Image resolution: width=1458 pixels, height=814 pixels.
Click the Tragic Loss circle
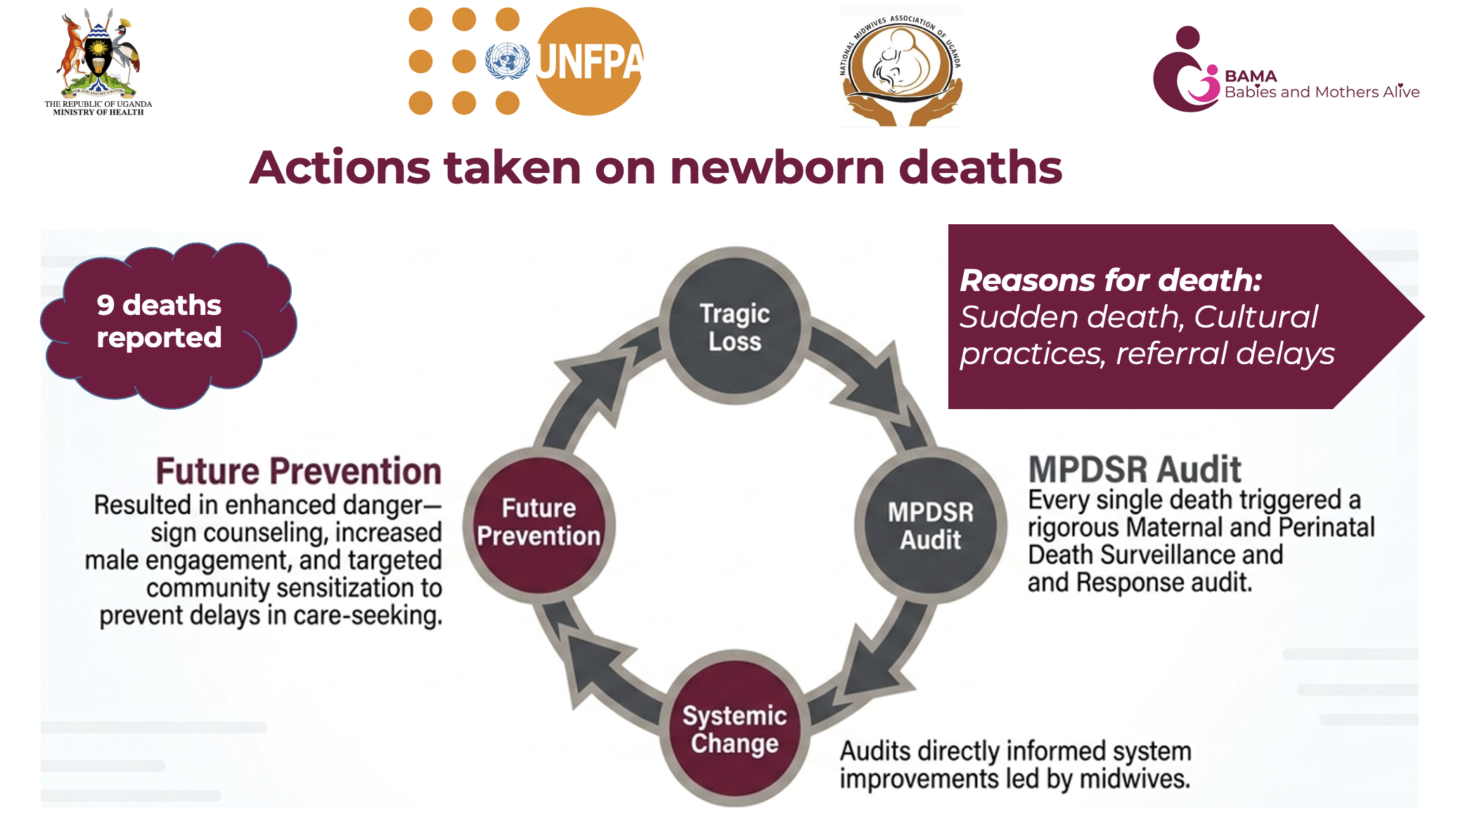click(735, 325)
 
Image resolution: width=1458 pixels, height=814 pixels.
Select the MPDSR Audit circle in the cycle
click(930, 525)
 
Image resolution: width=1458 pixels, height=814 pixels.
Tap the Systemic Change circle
click(735, 730)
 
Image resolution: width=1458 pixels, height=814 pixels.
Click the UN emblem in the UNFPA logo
click(508, 60)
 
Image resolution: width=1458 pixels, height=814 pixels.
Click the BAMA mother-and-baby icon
click(1187, 70)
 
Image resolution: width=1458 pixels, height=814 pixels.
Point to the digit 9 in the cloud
click(105, 305)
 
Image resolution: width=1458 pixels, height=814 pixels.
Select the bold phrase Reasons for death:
click(1111, 280)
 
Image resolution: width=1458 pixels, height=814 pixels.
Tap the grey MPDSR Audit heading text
click(1135, 469)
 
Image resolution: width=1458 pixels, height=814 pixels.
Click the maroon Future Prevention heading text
click(299, 471)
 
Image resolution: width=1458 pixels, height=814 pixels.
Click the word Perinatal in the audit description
click(1326, 527)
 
